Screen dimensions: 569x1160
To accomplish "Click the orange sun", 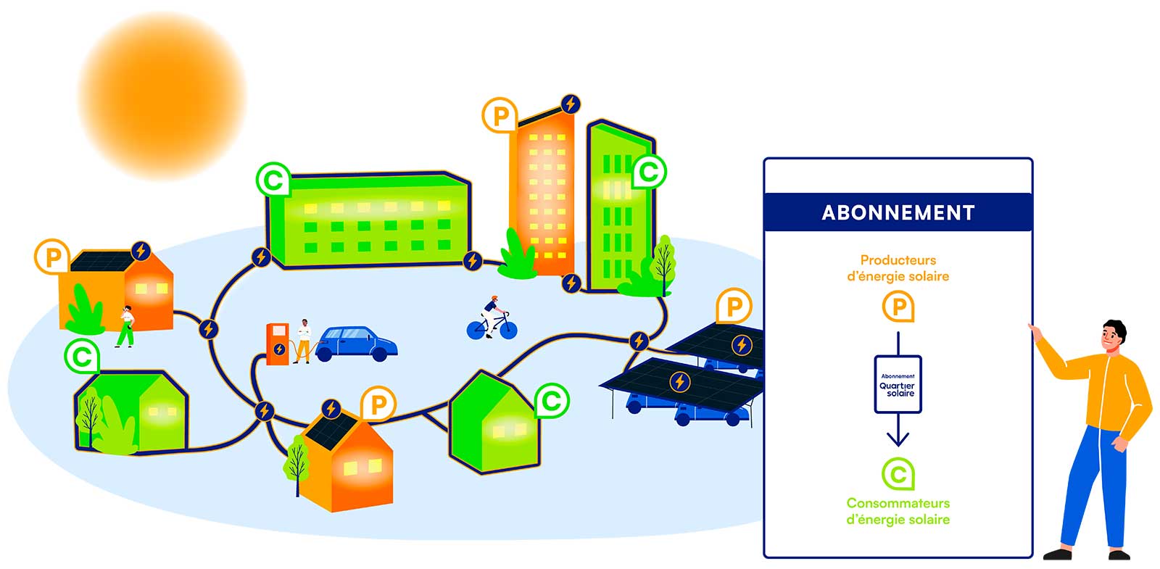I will (x=162, y=95).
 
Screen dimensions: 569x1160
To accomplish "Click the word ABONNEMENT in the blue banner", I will (x=898, y=212).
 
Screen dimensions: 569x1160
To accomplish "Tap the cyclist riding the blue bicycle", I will (x=492, y=319).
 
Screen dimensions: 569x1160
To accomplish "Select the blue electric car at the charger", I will (x=356, y=343).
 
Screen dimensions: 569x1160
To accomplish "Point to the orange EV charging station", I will (x=277, y=344).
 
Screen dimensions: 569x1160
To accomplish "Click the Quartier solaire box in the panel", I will (x=898, y=384).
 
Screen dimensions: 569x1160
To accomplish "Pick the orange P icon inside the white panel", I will (x=898, y=307).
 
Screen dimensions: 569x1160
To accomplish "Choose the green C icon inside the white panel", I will (x=898, y=474).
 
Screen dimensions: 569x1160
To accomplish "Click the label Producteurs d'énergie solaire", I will (x=898, y=267).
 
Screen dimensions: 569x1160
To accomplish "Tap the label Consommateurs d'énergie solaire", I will (x=898, y=511).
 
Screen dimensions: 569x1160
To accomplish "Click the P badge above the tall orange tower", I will (x=500, y=115).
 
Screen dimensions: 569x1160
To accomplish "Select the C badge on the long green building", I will (x=273, y=179).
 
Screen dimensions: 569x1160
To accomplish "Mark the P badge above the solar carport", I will (x=733, y=307).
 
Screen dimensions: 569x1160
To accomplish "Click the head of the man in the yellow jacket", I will (x=1112, y=335).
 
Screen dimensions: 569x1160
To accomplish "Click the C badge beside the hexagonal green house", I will (x=552, y=401).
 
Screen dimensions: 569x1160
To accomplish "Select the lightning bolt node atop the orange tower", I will (x=571, y=104).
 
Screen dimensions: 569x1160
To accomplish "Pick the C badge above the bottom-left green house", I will (x=82, y=357).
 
